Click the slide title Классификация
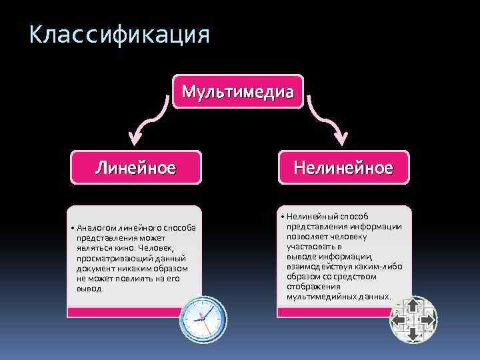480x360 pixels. (x=119, y=34)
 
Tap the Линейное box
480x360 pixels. (x=135, y=167)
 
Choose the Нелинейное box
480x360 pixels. (x=343, y=167)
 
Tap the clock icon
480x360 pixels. (x=202, y=319)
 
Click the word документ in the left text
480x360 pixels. (x=94, y=268)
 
